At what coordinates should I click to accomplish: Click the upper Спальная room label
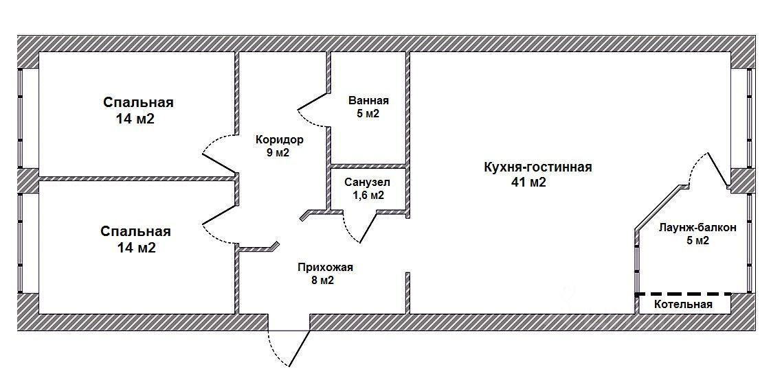coord(138,102)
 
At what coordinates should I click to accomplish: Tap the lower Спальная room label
coord(135,231)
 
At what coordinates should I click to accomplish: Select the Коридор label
coord(279,139)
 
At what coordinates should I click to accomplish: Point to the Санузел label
coord(368,183)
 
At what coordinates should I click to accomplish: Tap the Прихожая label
coord(325,267)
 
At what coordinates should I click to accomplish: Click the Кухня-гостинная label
coord(537,167)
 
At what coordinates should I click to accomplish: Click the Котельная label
coord(683,304)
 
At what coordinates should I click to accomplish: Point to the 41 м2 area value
coord(528,183)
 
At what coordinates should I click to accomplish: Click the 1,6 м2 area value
coord(368,196)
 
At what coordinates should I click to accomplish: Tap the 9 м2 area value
coord(278,152)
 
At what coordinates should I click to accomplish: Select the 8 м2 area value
coord(324,280)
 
